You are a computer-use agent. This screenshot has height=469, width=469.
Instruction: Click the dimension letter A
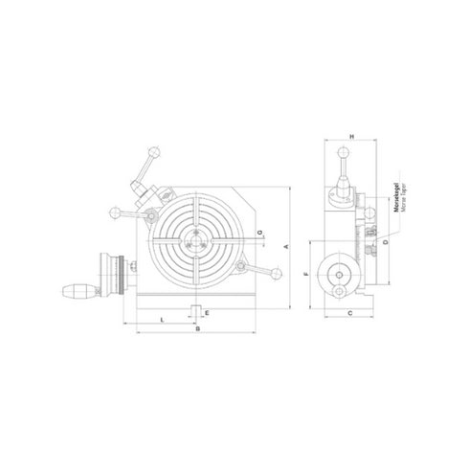tap(287, 247)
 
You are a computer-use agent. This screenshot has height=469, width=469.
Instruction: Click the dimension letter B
tap(196, 329)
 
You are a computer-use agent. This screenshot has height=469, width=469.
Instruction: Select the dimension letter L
tap(163, 316)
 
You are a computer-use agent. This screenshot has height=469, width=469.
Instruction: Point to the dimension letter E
tap(206, 313)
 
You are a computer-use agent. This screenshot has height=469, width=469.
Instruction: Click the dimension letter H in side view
tap(352, 138)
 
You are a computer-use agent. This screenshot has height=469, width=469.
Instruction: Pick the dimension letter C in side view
tap(351, 313)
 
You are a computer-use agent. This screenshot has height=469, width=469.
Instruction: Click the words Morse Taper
tap(400, 205)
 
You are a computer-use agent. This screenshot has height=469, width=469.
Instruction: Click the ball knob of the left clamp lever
tap(113, 212)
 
